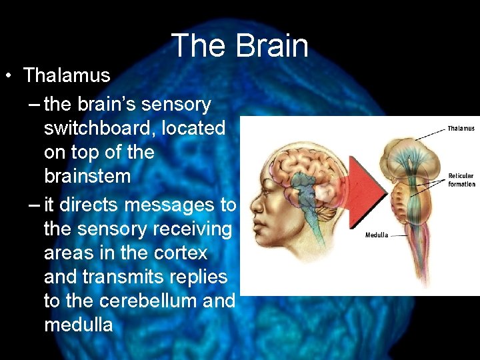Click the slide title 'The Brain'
[x=240, y=46]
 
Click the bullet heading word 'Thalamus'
[x=67, y=75]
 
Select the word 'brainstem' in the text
[x=87, y=177]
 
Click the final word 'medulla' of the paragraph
[x=78, y=325]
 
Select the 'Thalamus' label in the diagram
[x=461, y=129]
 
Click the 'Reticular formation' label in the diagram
[x=461, y=180]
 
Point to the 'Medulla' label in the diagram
[x=377, y=235]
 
